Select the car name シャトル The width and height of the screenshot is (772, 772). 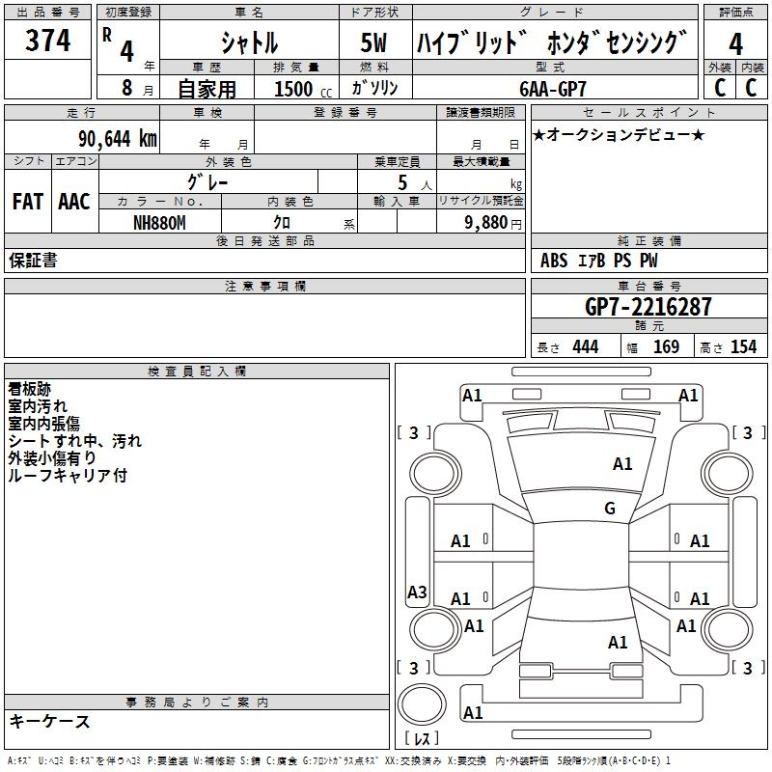tap(249, 42)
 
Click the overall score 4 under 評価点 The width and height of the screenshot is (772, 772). tap(736, 43)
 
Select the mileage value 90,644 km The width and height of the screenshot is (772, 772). tap(116, 138)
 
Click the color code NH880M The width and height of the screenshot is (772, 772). tap(159, 221)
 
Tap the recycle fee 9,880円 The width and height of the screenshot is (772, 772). tap(488, 222)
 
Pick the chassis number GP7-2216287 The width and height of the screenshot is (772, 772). tap(648, 307)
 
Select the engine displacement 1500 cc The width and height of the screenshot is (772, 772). tap(299, 90)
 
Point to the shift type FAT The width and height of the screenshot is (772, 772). tap(27, 202)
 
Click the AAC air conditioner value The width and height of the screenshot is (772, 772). tap(74, 202)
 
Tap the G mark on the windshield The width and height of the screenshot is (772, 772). tap(610, 509)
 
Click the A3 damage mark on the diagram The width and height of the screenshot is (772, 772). tap(417, 593)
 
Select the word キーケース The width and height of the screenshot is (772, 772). tap(50, 721)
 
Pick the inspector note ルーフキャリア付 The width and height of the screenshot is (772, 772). tap(68, 476)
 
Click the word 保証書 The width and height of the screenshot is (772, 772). tap(33, 261)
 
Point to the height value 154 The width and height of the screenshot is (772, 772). tap(743, 347)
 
